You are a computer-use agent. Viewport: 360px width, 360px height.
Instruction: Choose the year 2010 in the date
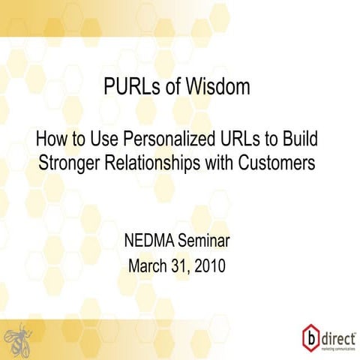coord(211,266)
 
